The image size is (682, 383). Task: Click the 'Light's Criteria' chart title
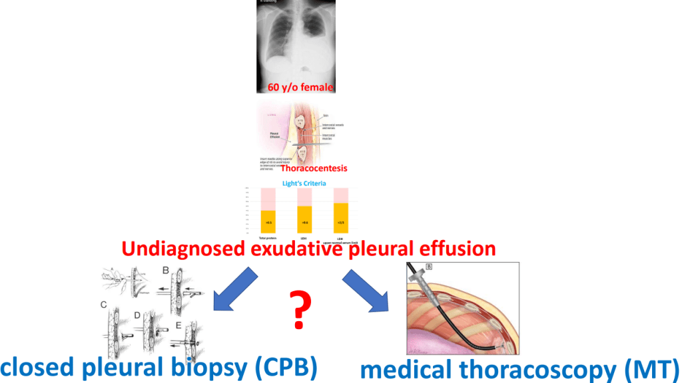302,182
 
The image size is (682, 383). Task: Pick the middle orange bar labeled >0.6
304,219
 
